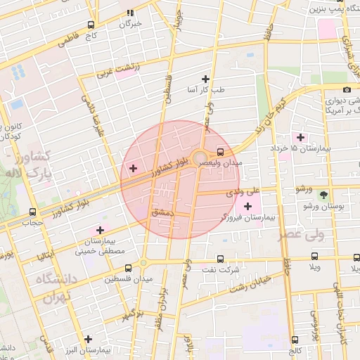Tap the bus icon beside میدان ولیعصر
click(x=221, y=151)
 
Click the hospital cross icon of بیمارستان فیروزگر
click(x=247, y=206)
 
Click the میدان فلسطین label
click(x=128, y=279)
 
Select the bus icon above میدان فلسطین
click(x=128, y=268)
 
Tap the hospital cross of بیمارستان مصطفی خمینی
click(x=101, y=230)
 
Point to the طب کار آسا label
click(x=205, y=89)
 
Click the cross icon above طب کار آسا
click(x=205, y=79)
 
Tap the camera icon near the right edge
click(x=347, y=89)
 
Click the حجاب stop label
click(x=32, y=222)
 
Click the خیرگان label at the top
click(x=131, y=23)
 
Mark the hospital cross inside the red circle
click(x=134, y=168)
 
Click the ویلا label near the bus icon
click(x=314, y=268)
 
